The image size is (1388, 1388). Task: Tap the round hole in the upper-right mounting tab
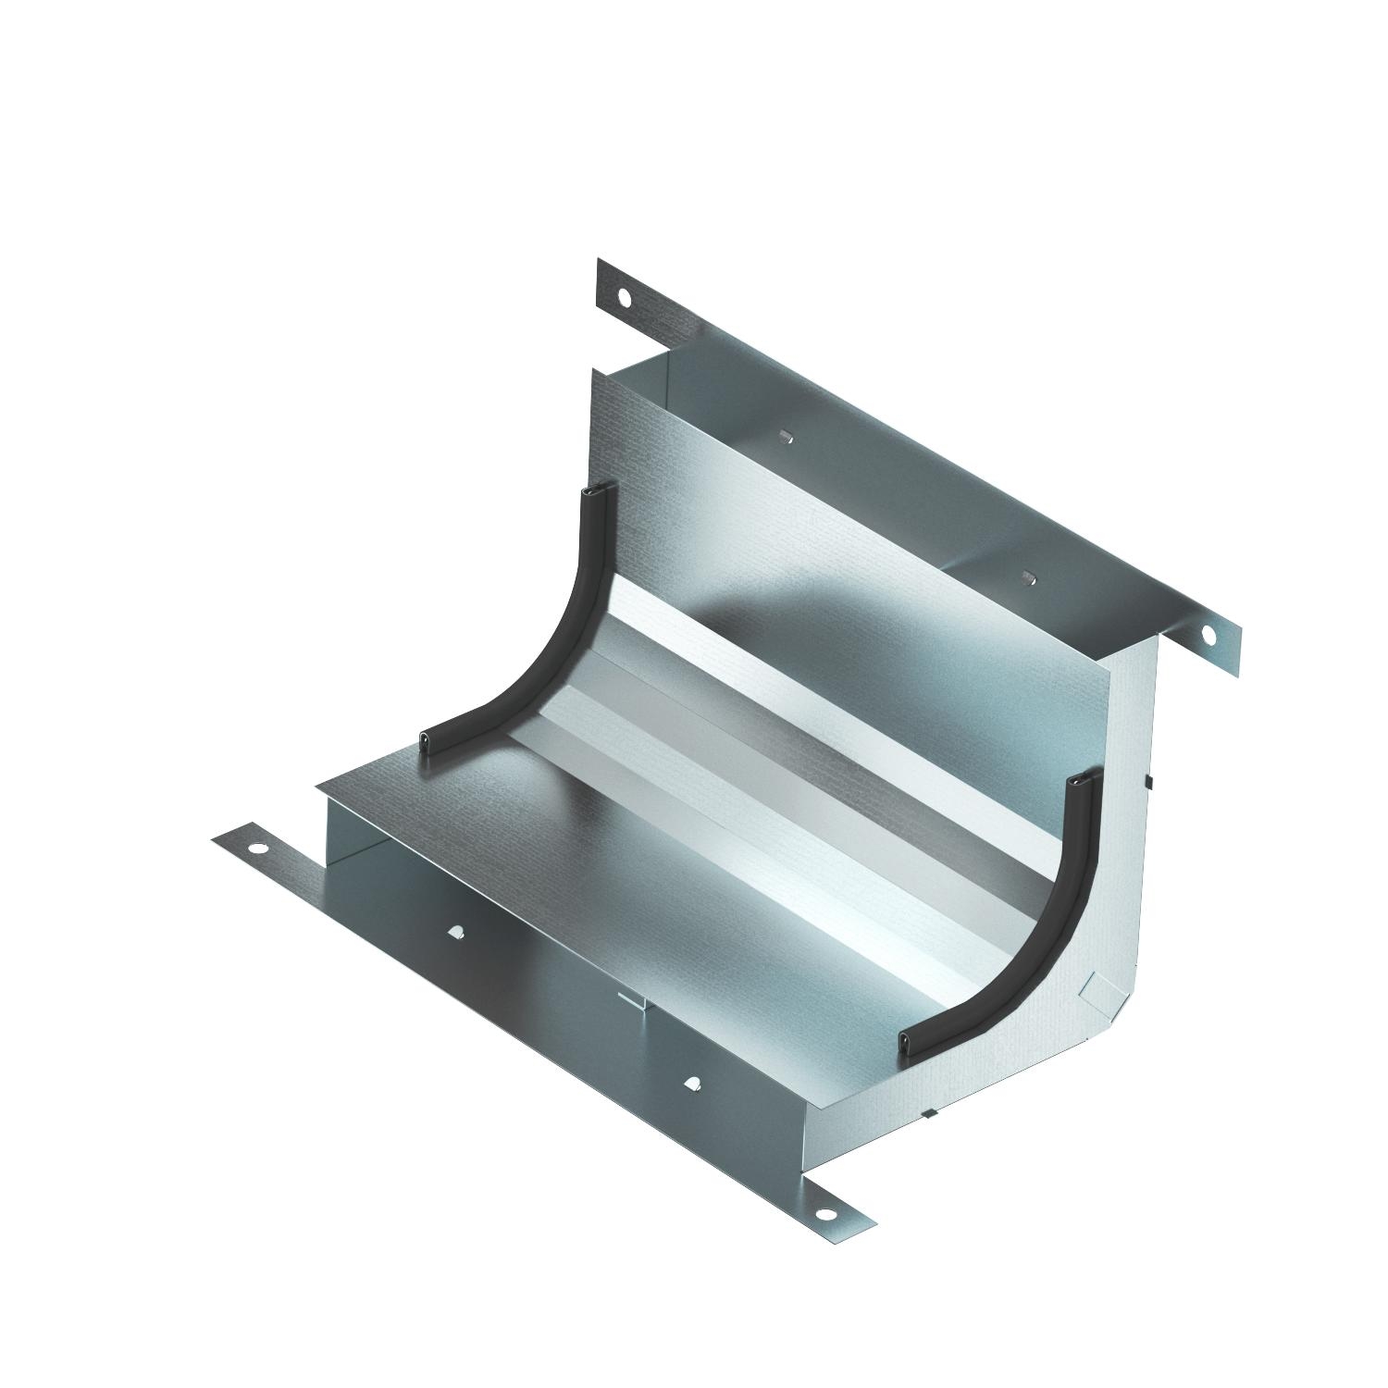(1208, 634)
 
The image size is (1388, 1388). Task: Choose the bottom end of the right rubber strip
(911, 1042)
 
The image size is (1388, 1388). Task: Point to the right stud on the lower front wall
(692, 1082)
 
